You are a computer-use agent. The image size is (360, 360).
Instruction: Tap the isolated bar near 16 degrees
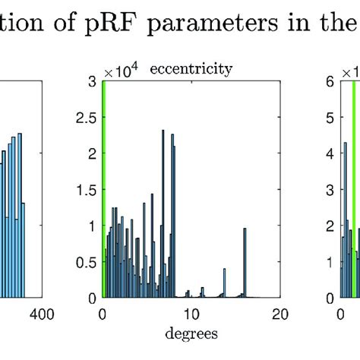245,262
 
